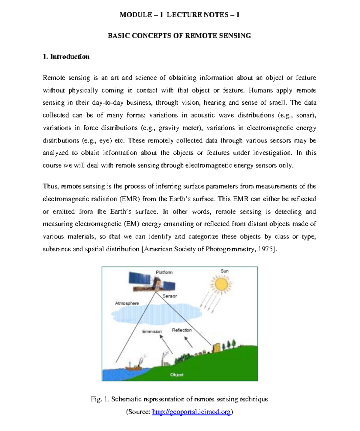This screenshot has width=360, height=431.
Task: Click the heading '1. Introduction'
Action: tap(66, 57)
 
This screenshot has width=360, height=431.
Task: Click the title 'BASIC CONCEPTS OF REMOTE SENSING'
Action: tap(179, 36)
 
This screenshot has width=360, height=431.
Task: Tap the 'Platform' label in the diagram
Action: tap(164, 272)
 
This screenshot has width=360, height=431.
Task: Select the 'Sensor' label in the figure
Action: tap(169, 296)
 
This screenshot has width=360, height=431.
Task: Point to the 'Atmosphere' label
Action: tap(127, 303)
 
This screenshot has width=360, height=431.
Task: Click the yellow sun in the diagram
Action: tap(221, 284)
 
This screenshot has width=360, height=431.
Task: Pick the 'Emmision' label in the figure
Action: tap(152, 331)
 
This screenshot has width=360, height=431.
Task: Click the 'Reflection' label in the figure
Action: tap(182, 330)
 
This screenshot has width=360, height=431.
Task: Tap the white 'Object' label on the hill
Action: tap(177, 375)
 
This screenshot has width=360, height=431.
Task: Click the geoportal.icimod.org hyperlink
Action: tap(191, 412)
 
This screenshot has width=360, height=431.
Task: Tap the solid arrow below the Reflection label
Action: tap(188, 342)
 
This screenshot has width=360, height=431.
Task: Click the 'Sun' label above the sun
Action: tap(225, 271)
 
